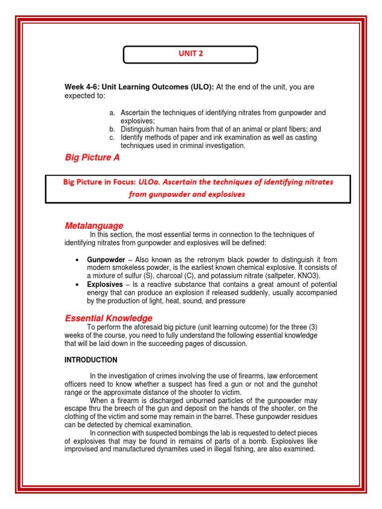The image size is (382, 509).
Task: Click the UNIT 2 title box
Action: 191,55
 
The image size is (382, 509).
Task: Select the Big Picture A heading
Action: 92,158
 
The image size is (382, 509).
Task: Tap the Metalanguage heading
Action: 94,226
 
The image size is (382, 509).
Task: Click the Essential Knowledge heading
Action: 108,318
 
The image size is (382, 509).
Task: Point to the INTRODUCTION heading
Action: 91,360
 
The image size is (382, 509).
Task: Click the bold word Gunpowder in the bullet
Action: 106,259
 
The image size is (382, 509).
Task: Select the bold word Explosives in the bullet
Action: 105,284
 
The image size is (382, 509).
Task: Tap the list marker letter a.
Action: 112,113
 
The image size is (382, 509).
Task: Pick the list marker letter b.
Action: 112,129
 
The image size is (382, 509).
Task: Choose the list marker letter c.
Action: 112,137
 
